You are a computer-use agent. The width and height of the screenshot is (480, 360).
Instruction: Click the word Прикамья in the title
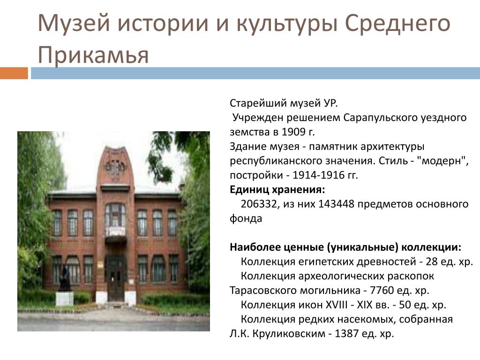tap(93, 55)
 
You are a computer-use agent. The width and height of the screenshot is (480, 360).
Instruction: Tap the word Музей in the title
tap(74, 23)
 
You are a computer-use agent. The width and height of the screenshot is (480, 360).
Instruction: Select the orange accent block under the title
tap(14, 73)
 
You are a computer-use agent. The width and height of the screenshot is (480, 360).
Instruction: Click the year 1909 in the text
tap(293, 132)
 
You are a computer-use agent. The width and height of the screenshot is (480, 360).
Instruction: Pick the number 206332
tap(259, 204)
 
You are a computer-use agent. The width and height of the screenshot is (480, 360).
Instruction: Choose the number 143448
tap(337, 204)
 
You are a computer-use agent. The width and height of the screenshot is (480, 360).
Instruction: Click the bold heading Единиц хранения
tap(277, 190)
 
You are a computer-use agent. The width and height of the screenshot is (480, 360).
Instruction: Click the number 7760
tap(382, 290)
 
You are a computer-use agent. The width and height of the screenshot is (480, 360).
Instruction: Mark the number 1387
tap(347, 333)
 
